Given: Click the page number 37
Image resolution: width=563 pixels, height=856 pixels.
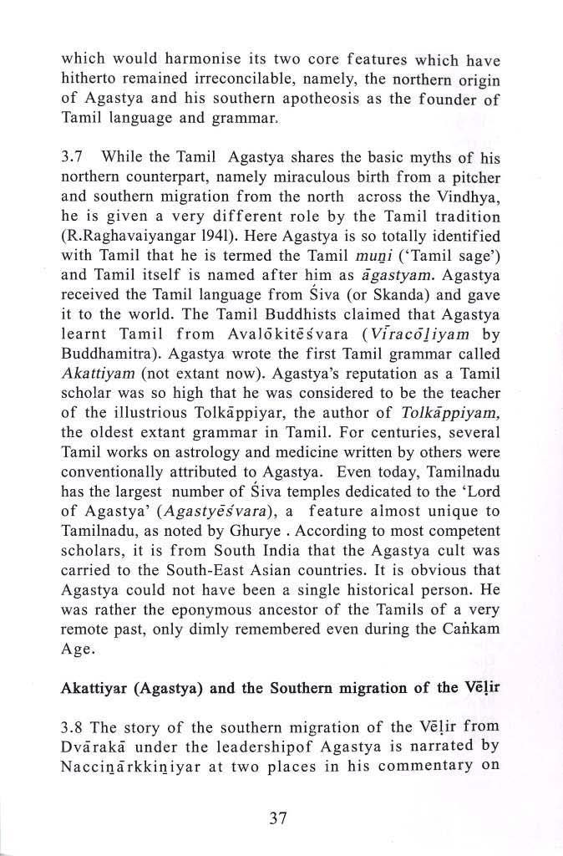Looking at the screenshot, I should pyautogui.click(x=279, y=818).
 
